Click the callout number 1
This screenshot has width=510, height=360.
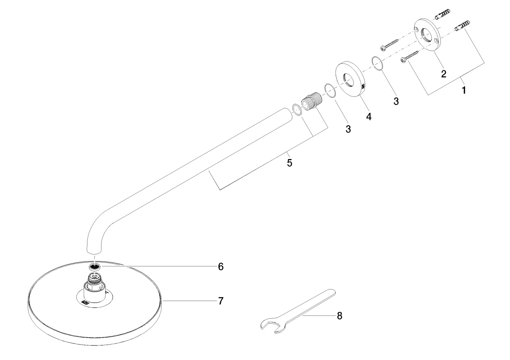click(464, 90)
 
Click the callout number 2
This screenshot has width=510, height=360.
click(444, 74)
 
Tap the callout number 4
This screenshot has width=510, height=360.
click(369, 117)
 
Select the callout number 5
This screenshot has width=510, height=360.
click(290, 163)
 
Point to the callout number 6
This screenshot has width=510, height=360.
click(220, 266)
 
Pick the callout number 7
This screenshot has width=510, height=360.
click(220, 301)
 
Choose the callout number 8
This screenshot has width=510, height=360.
click(340, 316)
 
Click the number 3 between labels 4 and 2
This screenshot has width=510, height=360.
click(396, 101)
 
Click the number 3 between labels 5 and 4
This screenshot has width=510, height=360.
click(348, 129)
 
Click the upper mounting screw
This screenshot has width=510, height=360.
click(390, 44)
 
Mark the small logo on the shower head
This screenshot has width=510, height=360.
click(86, 302)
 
